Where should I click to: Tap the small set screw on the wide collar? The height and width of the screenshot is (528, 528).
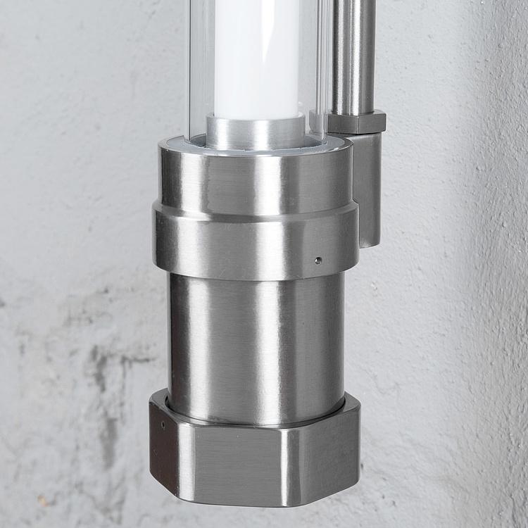coord(318,260)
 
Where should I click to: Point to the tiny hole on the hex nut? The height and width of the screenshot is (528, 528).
coord(163,425)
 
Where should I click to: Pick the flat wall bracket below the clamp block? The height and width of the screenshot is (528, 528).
coord(367,190)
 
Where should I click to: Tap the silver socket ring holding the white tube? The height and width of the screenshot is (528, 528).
coord(256,132)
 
